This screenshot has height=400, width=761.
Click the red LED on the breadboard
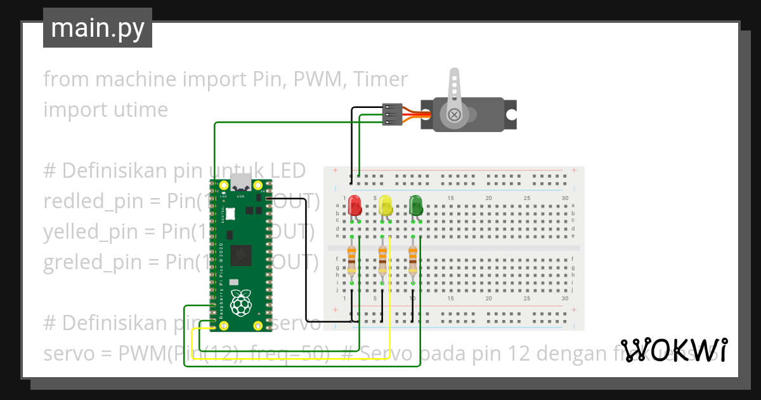tap(354, 206)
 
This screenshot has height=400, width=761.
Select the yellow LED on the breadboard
tap(385, 206)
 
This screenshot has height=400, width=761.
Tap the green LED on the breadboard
tap(415, 206)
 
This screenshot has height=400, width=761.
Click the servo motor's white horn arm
tap(454, 89)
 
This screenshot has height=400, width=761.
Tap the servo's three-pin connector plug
tap(392, 114)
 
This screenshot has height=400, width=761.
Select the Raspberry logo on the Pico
tap(240, 303)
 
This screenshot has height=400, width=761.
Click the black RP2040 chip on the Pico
tap(241, 255)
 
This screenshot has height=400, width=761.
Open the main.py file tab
tap(98, 28)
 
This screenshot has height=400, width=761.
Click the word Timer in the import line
tap(380, 79)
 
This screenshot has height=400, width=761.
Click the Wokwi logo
tap(673, 350)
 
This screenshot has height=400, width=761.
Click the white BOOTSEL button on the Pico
tap(231, 214)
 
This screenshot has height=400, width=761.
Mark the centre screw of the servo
tap(454, 114)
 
